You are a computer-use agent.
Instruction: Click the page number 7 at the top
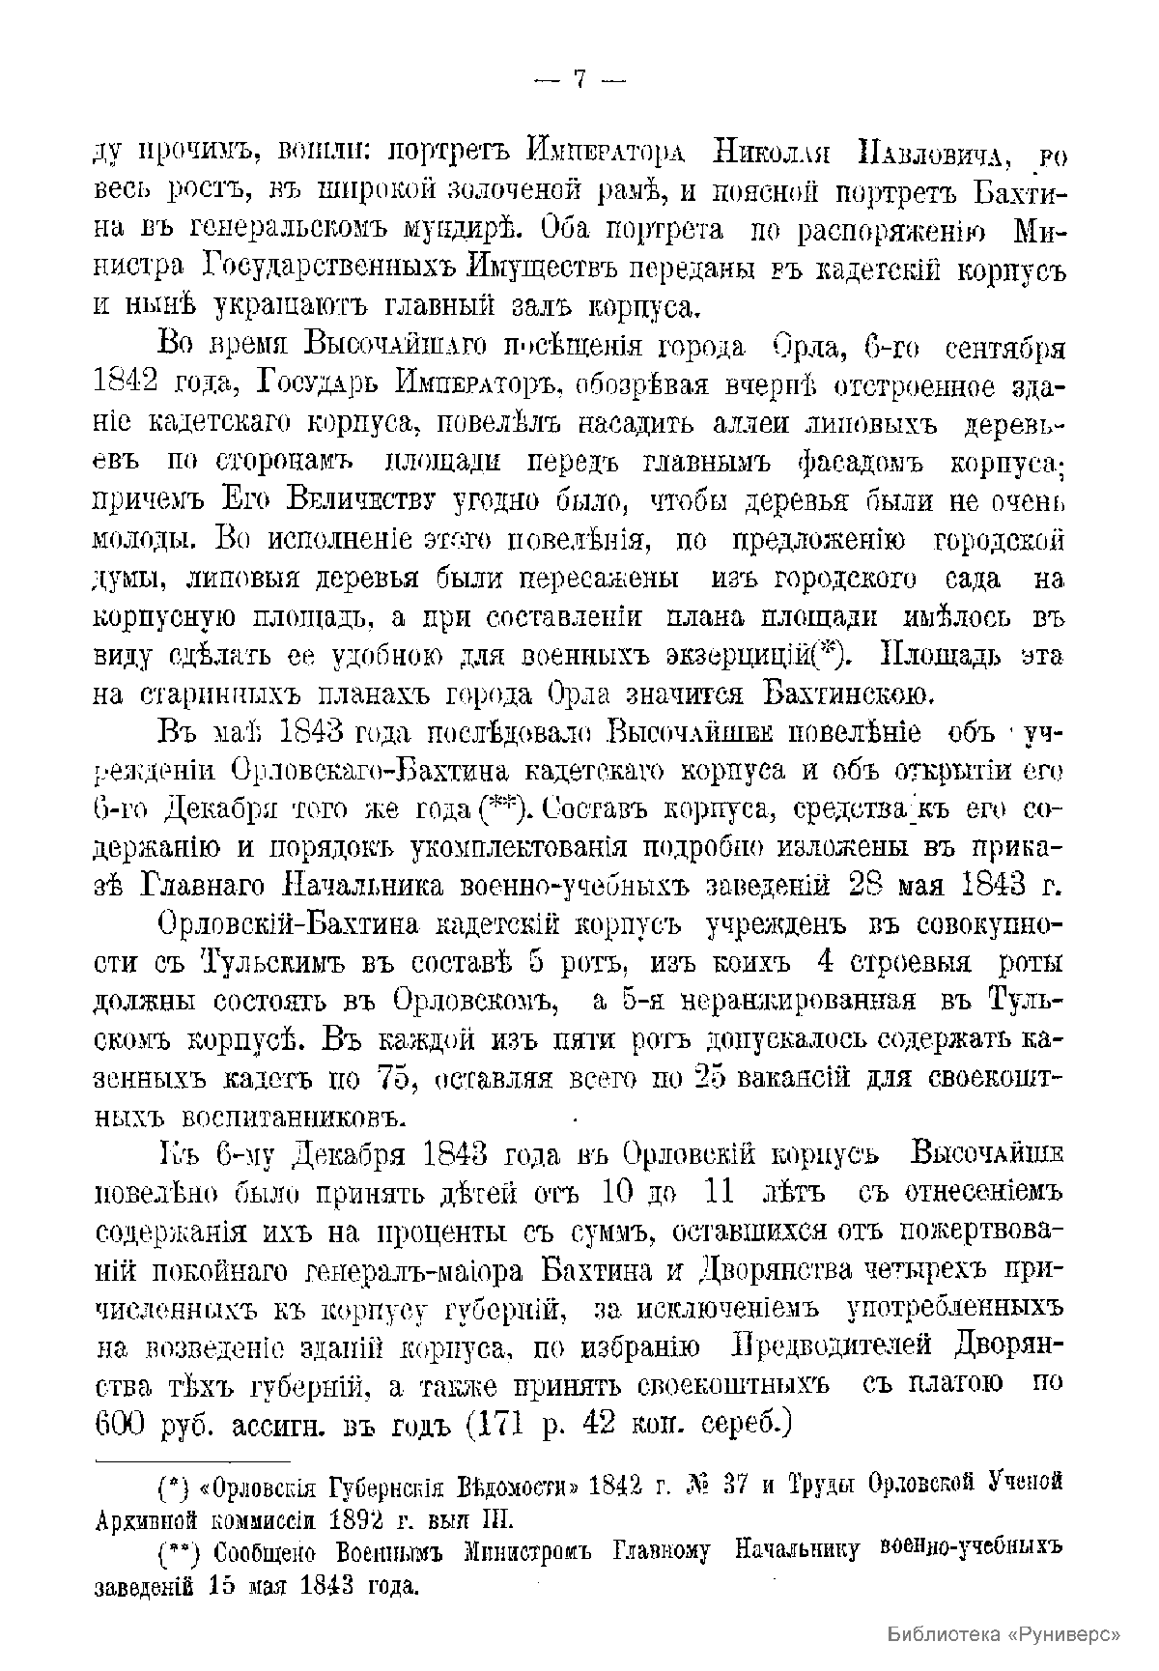pyautogui.click(x=579, y=80)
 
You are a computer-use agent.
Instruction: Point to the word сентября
pyautogui.click(x=1004, y=347)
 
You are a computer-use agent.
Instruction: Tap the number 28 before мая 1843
pyautogui.click(x=868, y=886)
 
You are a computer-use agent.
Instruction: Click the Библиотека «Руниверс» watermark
pyautogui.click(x=1003, y=1634)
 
